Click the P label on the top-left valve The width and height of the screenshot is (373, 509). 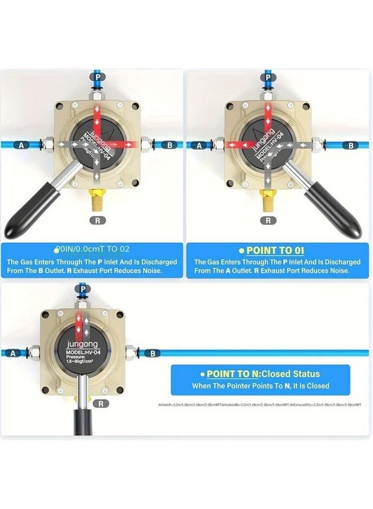coord(97,76)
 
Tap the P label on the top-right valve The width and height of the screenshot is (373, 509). coord(268,76)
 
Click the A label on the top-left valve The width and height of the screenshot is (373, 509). coord(22,145)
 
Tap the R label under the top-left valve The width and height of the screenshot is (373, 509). coord(97,220)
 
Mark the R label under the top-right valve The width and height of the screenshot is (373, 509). coord(268,220)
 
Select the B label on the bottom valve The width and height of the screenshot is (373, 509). coord(152,353)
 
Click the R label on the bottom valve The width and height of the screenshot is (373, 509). coord(100,403)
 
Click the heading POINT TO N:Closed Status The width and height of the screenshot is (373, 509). coord(263,374)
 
